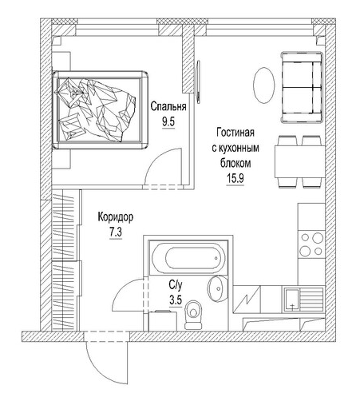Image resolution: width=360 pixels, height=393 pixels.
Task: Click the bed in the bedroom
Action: coord(101,110)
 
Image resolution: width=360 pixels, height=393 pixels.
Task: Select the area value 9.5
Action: coord(168,121)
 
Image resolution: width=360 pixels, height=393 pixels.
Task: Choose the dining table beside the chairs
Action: coord(291,162)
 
